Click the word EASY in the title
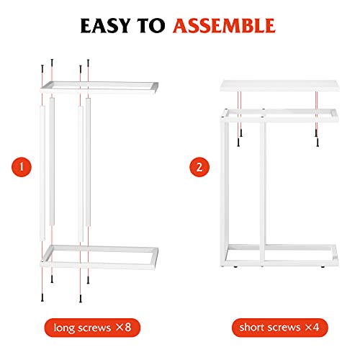coord(108,26)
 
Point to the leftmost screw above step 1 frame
coord(42,68)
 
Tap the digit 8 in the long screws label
coord(127,329)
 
